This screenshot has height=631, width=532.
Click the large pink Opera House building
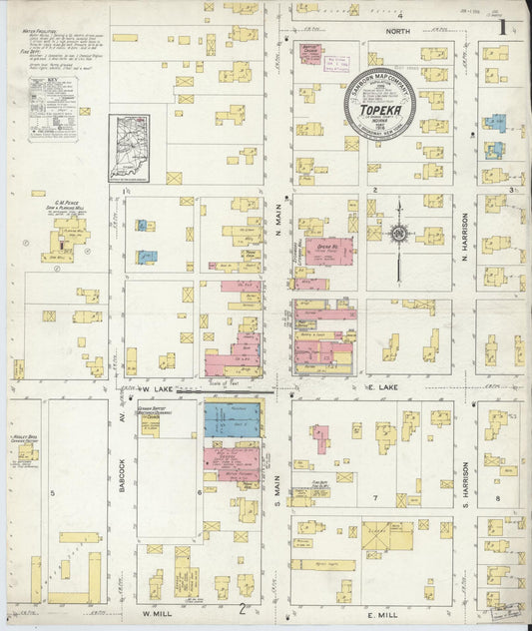pos(328,250)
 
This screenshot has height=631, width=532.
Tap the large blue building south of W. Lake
pos(232,419)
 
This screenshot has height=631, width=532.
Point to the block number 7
pos(375,496)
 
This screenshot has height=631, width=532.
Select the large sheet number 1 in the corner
pos(503,27)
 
